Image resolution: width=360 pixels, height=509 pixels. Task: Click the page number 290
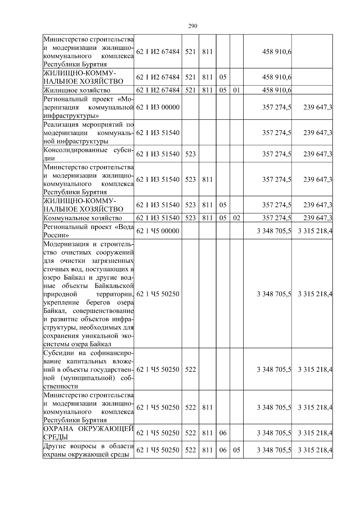pos(193,26)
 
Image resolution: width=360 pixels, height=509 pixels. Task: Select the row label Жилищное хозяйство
pos(77,90)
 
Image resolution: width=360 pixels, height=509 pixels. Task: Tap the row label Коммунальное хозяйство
pos(83,218)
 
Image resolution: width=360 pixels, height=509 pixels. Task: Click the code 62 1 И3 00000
pos(158,107)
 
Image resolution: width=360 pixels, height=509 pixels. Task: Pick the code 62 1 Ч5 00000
pos(158,231)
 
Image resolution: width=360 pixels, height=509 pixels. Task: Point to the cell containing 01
pos(236,90)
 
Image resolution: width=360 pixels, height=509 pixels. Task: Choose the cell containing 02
pos(236,218)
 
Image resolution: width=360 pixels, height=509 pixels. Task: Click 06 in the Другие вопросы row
pos(223,450)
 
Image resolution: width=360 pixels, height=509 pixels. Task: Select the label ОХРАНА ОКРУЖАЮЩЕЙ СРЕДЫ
pos(88,433)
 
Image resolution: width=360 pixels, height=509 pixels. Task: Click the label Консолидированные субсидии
pos(88,154)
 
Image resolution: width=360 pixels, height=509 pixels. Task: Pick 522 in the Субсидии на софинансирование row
pos(190,369)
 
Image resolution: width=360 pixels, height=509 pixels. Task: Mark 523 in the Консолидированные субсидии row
pos(190,154)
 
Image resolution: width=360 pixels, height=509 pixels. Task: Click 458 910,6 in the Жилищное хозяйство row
pos(277,90)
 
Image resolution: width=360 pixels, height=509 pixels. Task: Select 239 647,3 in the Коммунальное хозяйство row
pos(318,218)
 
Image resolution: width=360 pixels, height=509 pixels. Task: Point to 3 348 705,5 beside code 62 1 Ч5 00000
pos(274,231)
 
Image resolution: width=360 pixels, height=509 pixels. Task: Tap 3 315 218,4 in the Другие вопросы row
pos(315,450)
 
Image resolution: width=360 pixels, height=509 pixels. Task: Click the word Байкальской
pos(114,286)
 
